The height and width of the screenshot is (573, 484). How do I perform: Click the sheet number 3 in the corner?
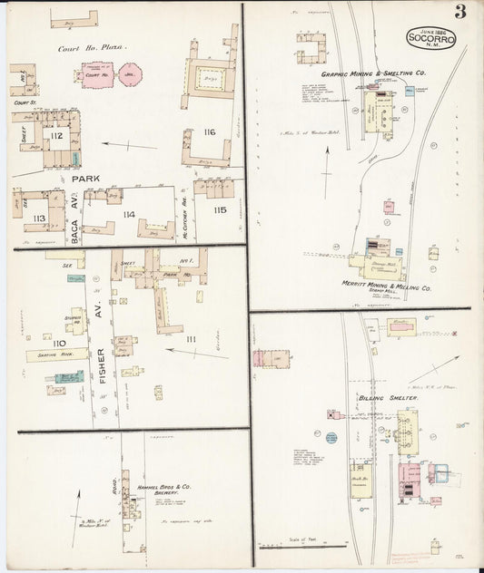point(461,12)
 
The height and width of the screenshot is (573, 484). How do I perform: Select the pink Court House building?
point(97,76)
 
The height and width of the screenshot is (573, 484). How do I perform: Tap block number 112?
point(56,136)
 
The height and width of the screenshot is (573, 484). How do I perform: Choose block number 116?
point(210,132)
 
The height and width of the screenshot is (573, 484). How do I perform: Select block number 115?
point(219,209)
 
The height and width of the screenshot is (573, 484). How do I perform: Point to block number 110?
point(59,343)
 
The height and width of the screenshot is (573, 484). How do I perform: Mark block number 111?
point(190,338)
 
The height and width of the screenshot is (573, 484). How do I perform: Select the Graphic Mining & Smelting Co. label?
point(373,72)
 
